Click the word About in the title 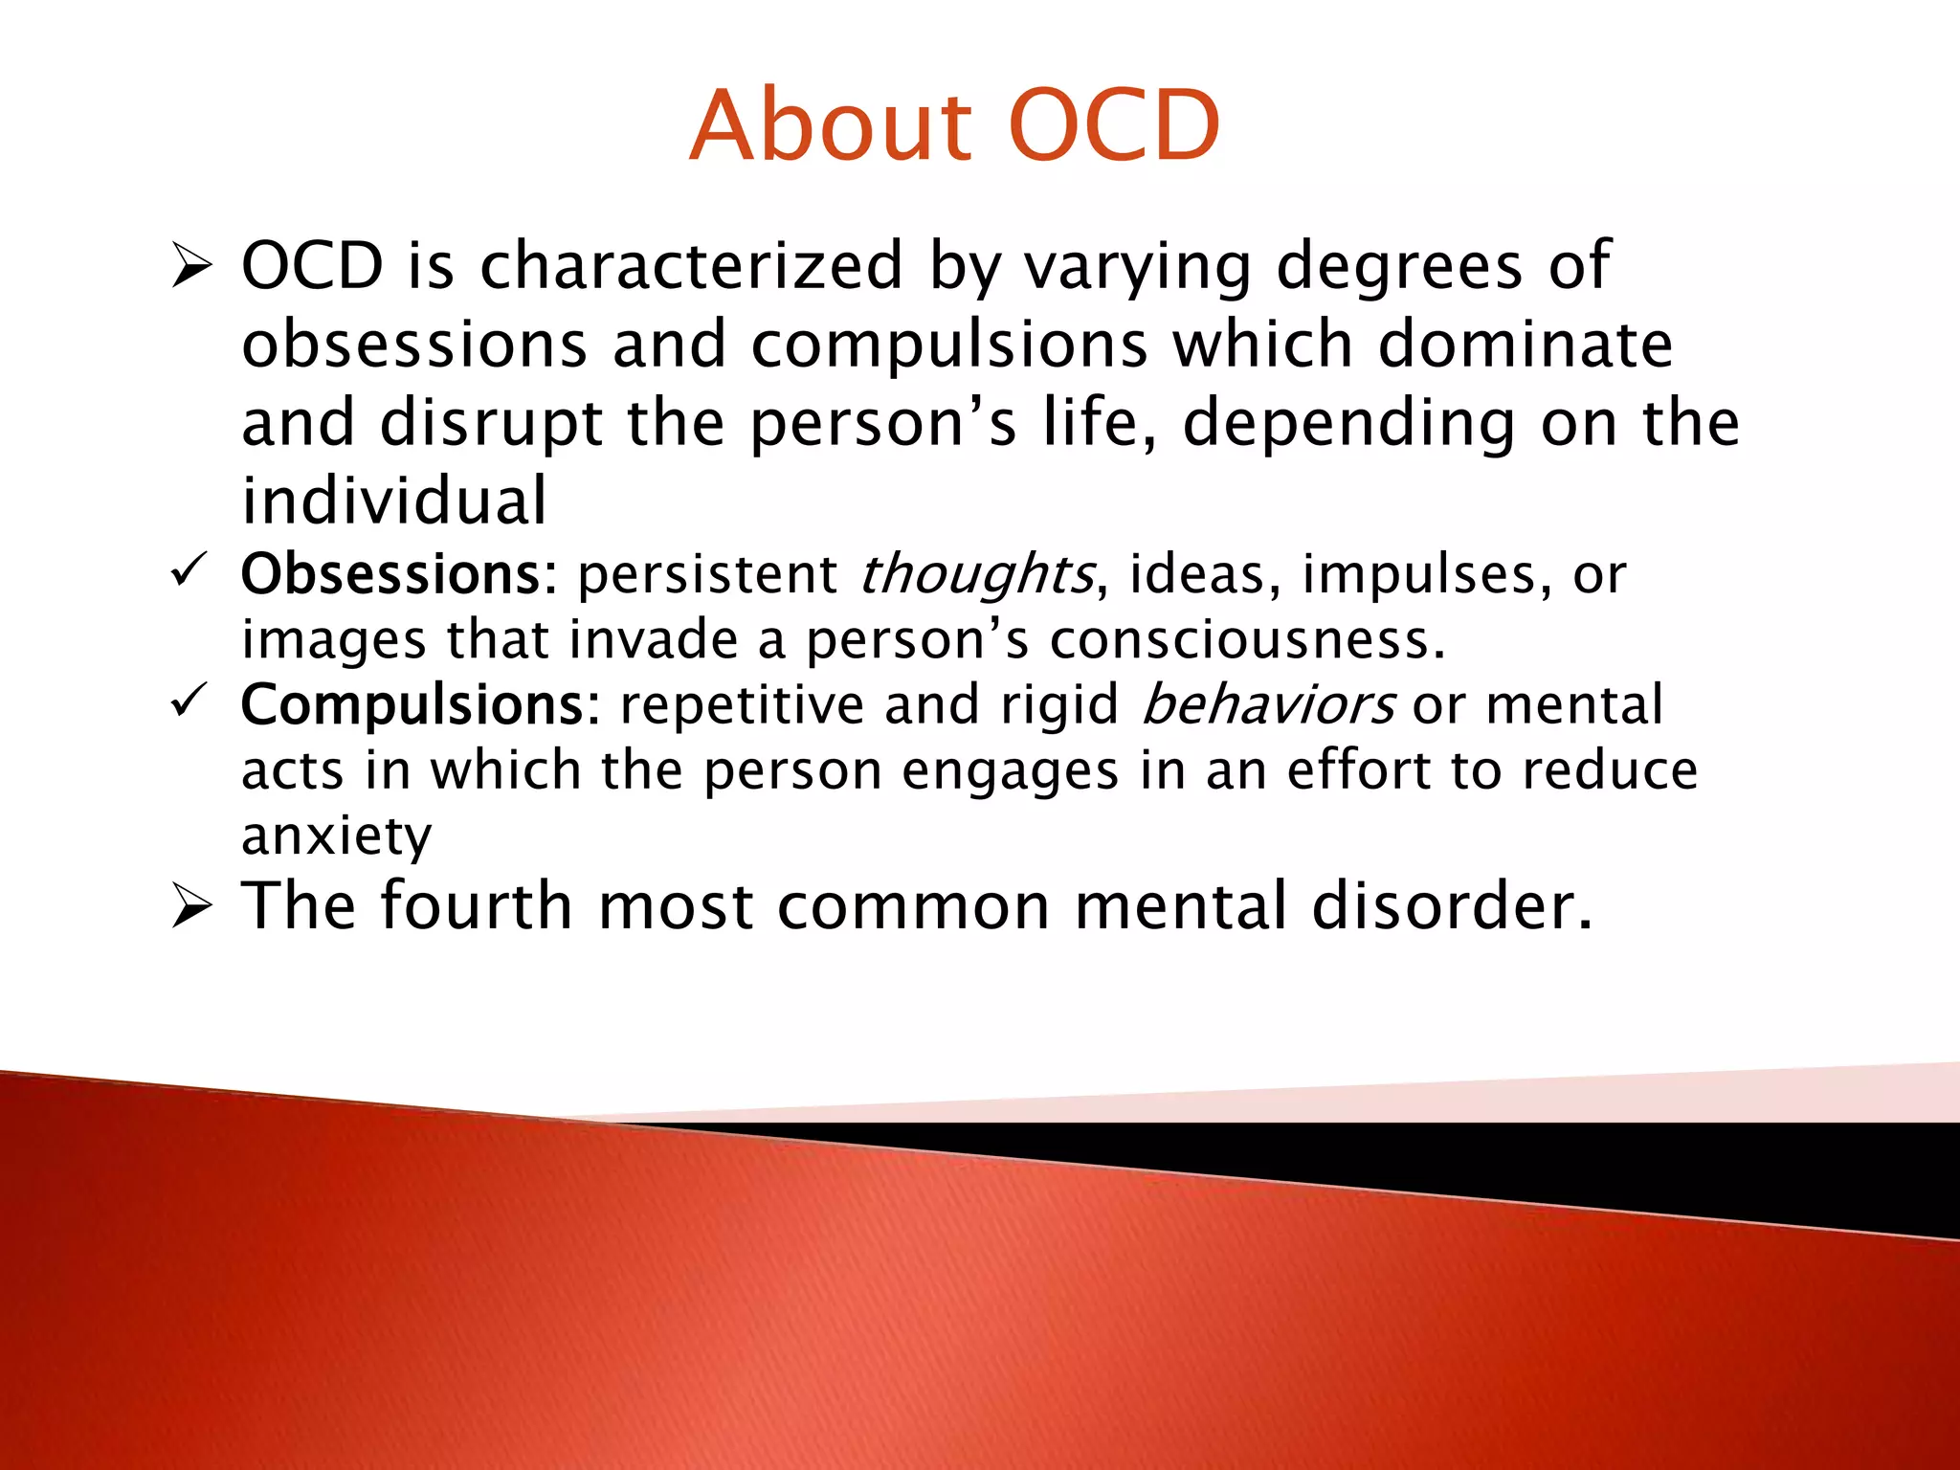[x=831, y=126]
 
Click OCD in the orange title [x=1114, y=126]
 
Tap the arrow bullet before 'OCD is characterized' [x=191, y=265]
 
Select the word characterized [x=691, y=265]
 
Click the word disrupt [x=490, y=424]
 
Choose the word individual [x=393, y=501]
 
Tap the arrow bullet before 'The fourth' [x=191, y=905]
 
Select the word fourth [x=476, y=905]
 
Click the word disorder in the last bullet [x=1451, y=905]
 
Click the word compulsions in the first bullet [x=948, y=345]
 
